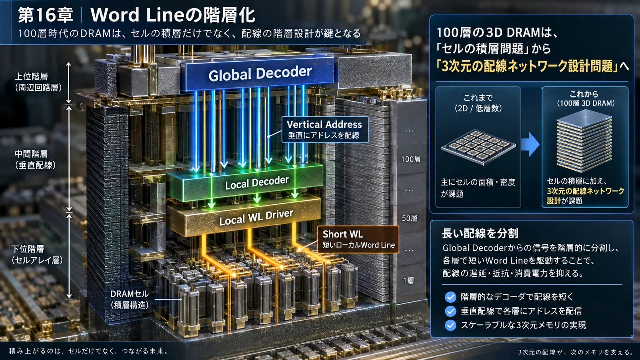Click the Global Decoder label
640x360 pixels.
(x=260, y=74)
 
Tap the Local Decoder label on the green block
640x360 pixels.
(x=257, y=183)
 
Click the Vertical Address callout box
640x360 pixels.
(x=325, y=130)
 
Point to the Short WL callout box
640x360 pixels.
(x=358, y=239)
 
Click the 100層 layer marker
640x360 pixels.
(x=411, y=159)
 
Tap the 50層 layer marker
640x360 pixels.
(x=410, y=218)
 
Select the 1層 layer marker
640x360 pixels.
(x=408, y=281)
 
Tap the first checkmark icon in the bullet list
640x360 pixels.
(x=451, y=297)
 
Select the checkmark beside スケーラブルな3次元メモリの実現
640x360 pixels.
(x=451, y=325)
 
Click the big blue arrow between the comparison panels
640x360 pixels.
(x=530, y=144)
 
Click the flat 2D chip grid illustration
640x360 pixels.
(x=478, y=147)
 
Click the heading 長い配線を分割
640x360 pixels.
(x=480, y=233)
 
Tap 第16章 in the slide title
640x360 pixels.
(x=45, y=15)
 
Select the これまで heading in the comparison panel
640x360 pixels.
(x=478, y=98)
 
